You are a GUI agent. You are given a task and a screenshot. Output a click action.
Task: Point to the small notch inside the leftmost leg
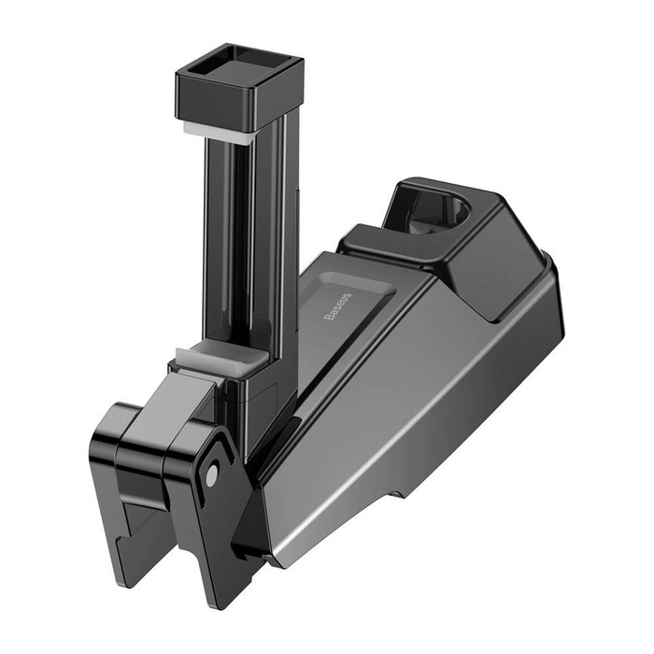(140, 505)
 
